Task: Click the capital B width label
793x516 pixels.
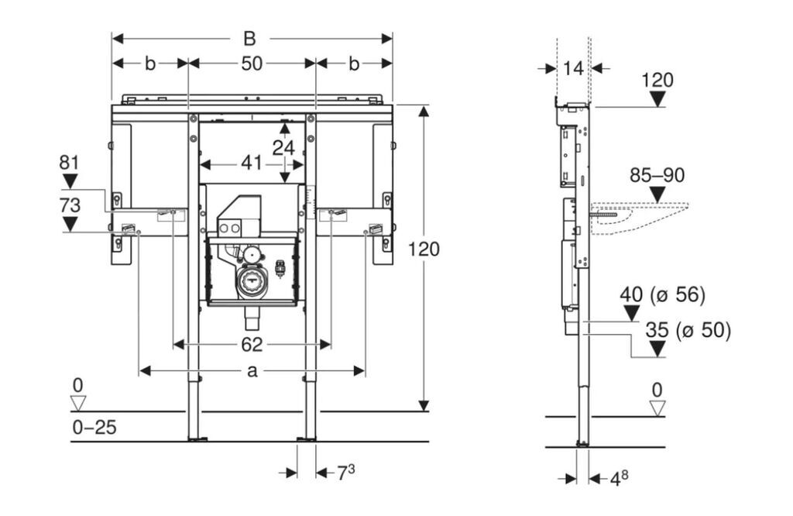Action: (x=249, y=39)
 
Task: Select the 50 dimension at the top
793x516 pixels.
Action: (x=252, y=64)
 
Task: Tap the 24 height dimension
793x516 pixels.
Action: (x=283, y=148)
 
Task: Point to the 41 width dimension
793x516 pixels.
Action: (x=252, y=163)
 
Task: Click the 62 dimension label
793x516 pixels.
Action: (x=252, y=345)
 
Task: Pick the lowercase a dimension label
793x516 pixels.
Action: (x=252, y=371)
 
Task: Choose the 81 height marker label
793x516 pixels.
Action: (x=69, y=163)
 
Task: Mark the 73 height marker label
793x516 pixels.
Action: (x=69, y=205)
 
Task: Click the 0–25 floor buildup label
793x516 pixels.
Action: (x=94, y=428)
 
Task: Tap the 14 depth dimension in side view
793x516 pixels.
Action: (x=574, y=68)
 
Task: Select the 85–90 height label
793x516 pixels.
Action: (x=657, y=175)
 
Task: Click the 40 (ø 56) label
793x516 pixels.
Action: (x=663, y=294)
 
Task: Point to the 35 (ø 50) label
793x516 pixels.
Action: (x=688, y=330)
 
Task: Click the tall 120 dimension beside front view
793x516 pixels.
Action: (x=424, y=249)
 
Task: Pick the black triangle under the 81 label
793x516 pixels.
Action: (x=69, y=181)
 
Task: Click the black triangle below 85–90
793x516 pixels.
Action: (x=657, y=194)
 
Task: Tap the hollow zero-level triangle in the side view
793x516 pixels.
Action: (x=657, y=408)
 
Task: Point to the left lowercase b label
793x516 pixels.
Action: (x=150, y=64)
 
